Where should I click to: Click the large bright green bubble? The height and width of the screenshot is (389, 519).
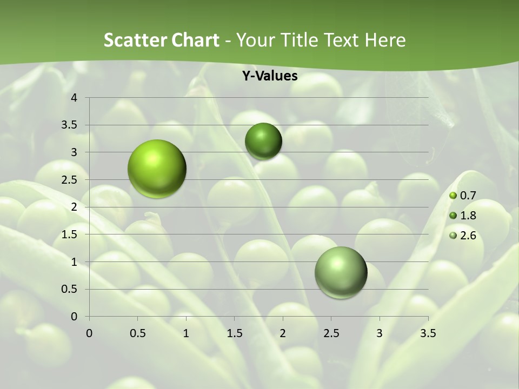pos(157,169)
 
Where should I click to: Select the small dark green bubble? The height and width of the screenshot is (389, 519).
pos(263,141)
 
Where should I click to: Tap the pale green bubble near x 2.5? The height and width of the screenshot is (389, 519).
pos(341,272)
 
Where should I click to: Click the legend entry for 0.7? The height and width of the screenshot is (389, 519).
pos(463,196)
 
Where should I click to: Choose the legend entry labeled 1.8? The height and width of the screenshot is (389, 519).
pos(463,216)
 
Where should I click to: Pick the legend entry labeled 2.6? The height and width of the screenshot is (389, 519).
pos(463,236)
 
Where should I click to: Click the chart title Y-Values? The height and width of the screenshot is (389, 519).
pos(269,76)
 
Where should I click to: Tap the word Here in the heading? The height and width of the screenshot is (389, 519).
pos(384,40)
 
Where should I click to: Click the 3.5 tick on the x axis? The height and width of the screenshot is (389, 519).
pos(428,333)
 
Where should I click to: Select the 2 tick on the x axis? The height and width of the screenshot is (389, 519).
pos(283,333)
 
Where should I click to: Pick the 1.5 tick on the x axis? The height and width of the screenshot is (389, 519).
pos(234,333)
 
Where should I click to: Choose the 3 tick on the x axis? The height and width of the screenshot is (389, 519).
pos(380,333)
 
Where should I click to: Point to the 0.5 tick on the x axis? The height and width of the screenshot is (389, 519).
pos(137,333)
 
